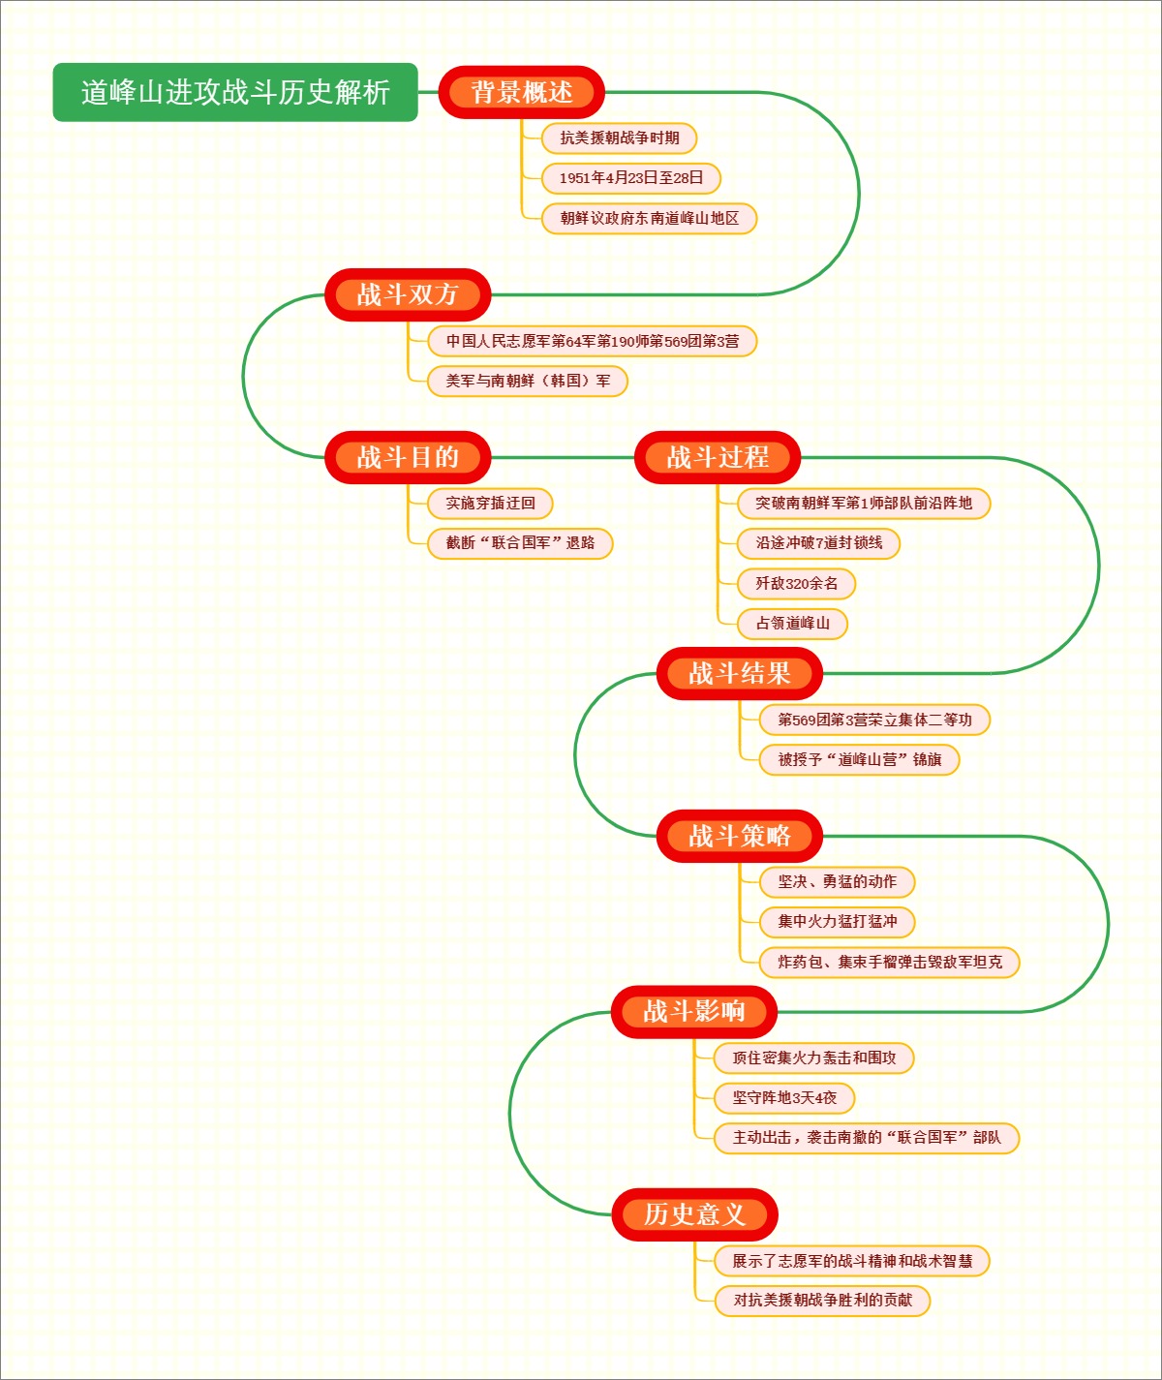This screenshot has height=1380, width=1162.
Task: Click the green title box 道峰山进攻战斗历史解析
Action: point(235,93)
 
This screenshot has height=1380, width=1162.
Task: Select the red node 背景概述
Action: point(521,93)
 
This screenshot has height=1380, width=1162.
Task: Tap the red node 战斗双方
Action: point(408,294)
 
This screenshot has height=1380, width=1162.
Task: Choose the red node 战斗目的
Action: point(408,457)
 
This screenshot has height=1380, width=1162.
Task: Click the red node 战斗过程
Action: point(718,457)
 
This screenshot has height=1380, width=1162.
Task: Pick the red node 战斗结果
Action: point(740,673)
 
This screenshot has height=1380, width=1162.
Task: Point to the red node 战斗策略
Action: point(740,836)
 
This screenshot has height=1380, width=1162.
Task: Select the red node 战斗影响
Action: point(694,1012)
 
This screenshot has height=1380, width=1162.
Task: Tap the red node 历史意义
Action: point(694,1214)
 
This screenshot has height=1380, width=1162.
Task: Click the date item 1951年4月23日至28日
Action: point(630,178)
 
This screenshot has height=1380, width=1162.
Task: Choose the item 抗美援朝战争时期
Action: point(620,138)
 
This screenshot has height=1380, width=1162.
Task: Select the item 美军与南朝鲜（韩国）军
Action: point(528,381)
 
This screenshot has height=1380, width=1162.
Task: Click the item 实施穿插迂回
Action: point(490,504)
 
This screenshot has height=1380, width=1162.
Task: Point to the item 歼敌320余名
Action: point(796,583)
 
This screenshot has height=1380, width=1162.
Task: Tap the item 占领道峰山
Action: point(792,624)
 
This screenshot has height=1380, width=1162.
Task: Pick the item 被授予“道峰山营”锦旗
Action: point(859,760)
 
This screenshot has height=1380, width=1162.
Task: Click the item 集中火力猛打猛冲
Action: point(838,922)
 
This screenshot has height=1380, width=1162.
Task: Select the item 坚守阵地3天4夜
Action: point(784,1098)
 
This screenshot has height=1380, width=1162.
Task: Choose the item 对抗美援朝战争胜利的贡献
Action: point(822,1301)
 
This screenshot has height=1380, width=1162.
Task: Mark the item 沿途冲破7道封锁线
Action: point(818,543)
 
